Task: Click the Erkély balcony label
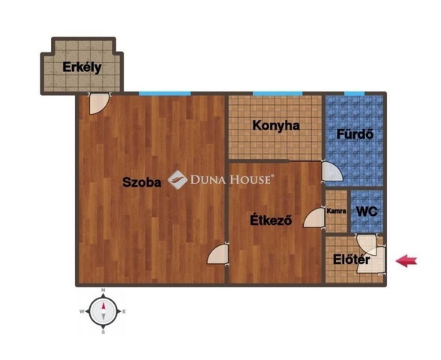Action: click(82, 67)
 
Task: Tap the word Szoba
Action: click(142, 182)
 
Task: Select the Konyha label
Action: click(276, 126)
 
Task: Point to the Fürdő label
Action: click(355, 133)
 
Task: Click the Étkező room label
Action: click(271, 220)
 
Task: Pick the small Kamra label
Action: click(336, 211)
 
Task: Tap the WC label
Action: click(367, 211)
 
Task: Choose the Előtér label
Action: click(352, 259)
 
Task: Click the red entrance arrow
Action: click(406, 261)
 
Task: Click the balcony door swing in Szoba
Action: click(99, 103)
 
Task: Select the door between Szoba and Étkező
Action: click(218, 254)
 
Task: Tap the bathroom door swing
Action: click(332, 172)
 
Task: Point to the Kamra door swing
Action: click(314, 218)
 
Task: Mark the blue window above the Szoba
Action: click(165, 94)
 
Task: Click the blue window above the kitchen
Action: click(277, 94)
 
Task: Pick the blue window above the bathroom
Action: click(354, 94)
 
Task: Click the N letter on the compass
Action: click(103, 290)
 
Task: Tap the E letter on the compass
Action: click(124, 312)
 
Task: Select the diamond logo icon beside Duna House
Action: click(178, 179)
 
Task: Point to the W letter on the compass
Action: click(82, 311)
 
